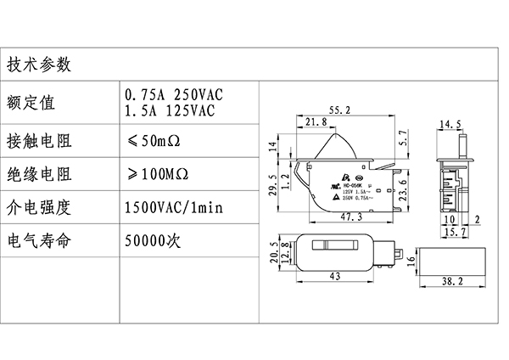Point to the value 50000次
click(x=154, y=240)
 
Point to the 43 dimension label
click(x=335, y=277)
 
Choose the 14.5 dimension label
click(x=450, y=124)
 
